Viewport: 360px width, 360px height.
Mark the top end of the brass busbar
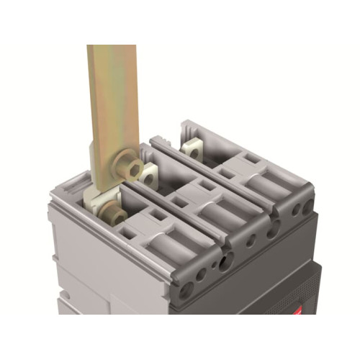(112, 49)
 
